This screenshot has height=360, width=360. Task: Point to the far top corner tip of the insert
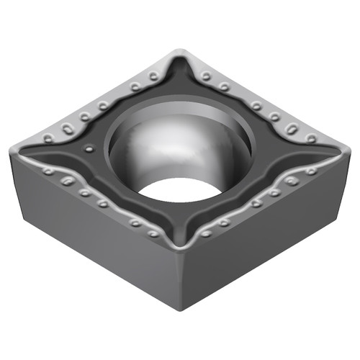tap(179, 52)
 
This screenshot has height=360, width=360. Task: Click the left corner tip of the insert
tap(13, 150)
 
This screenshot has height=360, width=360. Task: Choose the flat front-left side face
tap(94, 238)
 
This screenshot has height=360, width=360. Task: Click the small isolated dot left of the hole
tap(89, 149)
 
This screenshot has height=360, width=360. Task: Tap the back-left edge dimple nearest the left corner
tap(48, 138)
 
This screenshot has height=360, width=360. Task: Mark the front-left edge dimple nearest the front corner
tap(153, 233)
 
